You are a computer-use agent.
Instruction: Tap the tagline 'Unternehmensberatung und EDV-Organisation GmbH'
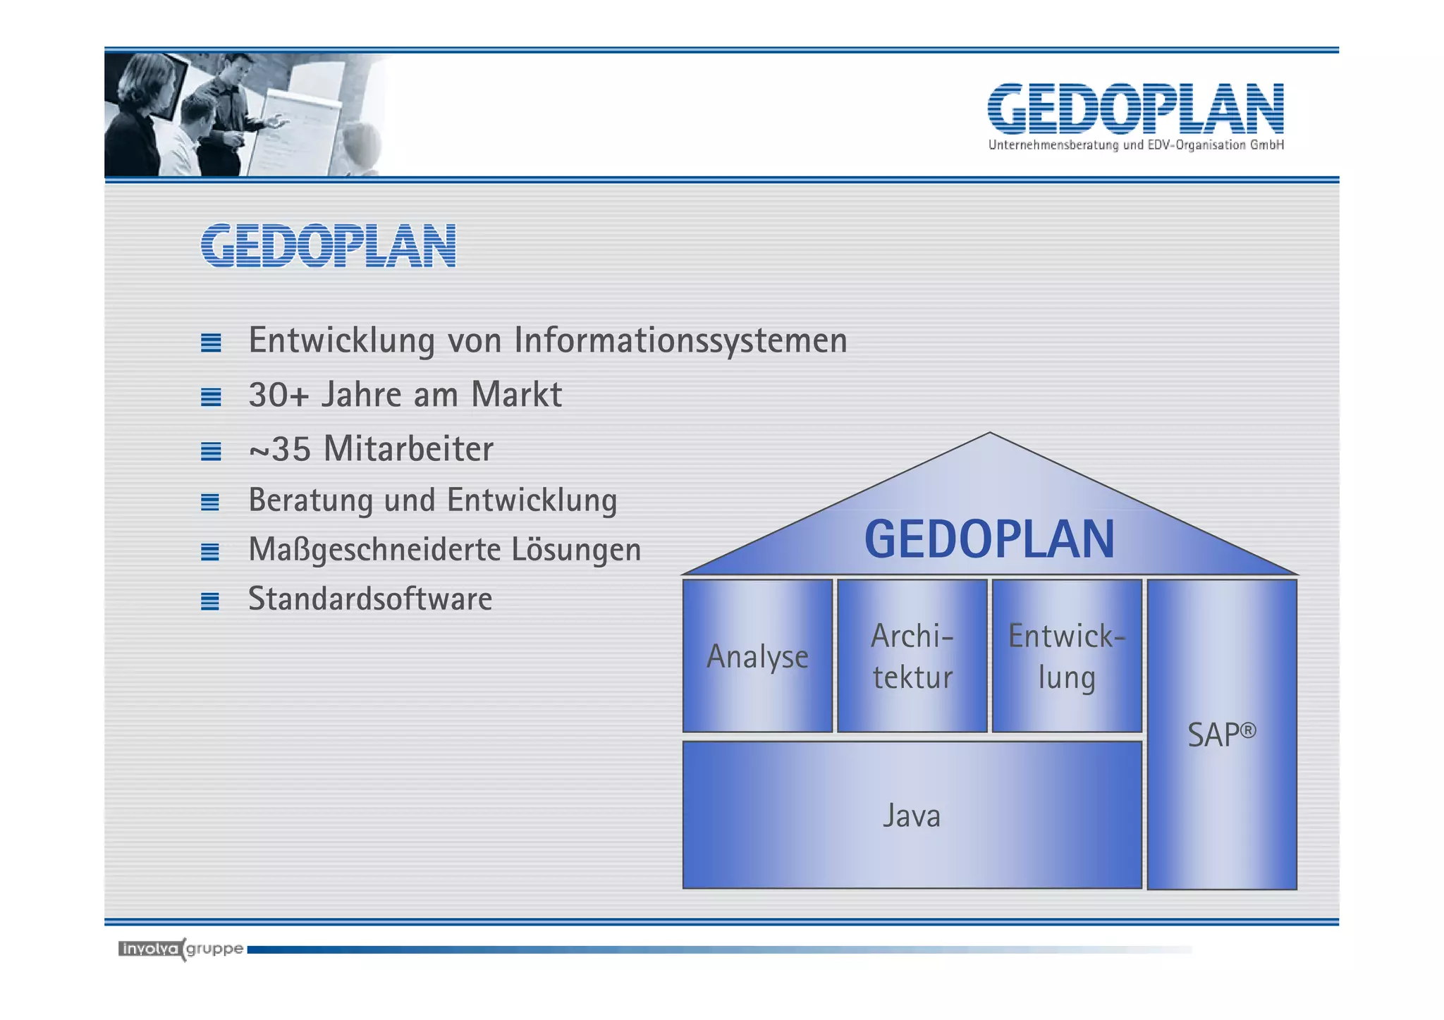coord(1135,145)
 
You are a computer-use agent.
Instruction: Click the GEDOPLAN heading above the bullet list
coord(329,246)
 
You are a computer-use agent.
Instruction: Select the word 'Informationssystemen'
coord(680,340)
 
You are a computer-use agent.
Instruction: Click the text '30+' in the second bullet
coord(279,395)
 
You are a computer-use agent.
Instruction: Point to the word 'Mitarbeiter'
coord(408,449)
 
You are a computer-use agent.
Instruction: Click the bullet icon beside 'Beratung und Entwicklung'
coord(210,502)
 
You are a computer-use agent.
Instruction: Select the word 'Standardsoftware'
coord(370,599)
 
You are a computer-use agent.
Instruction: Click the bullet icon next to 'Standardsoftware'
coord(210,601)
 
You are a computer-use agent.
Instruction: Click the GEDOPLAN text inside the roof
coord(989,539)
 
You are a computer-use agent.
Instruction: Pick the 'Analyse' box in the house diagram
coord(757,656)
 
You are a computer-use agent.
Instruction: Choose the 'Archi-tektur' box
coord(912,656)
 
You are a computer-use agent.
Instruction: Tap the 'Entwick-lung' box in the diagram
coord(1066,656)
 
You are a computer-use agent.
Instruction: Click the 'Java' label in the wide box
coord(912,816)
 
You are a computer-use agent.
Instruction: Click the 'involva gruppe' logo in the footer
coord(180,950)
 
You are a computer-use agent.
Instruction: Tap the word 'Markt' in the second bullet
coord(516,395)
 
